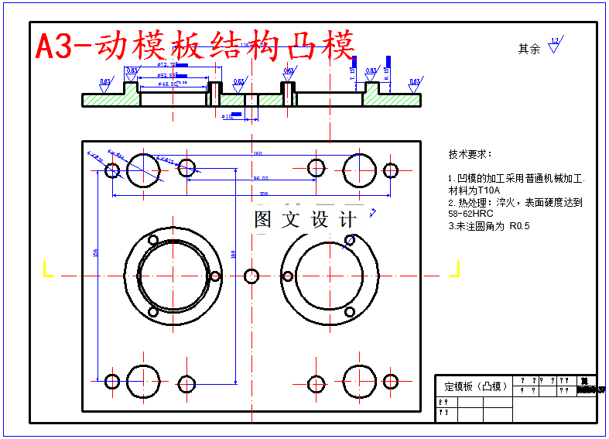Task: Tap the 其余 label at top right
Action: click(529, 49)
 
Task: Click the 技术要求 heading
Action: click(470, 155)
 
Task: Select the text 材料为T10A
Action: click(474, 190)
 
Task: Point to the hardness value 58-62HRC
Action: click(470, 213)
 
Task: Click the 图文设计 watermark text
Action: click(305, 219)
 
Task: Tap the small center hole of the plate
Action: click(251, 276)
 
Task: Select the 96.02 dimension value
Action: click(261, 178)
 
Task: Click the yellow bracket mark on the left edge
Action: click(46, 269)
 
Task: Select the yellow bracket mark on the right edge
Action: click(455, 269)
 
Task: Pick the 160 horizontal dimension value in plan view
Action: click(257, 153)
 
